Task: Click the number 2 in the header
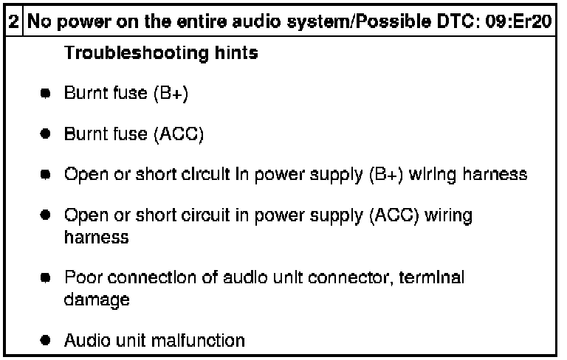tap(14, 21)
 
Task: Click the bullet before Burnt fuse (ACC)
tap(46, 135)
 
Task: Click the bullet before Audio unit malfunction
tap(46, 341)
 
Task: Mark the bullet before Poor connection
tap(46, 278)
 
